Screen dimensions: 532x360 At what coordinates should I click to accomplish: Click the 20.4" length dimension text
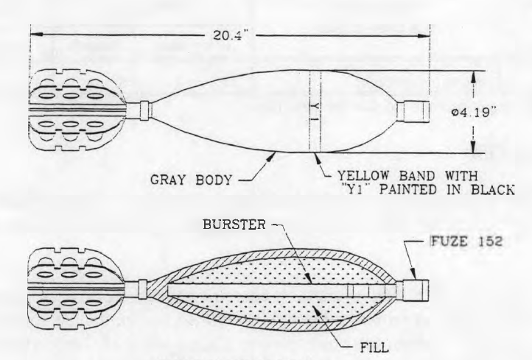click(x=228, y=35)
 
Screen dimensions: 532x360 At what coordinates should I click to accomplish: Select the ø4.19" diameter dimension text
click(x=475, y=112)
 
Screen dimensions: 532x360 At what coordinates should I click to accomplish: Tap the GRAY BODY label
click(x=192, y=180)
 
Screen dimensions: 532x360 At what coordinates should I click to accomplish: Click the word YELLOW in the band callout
click(x=363, y=176)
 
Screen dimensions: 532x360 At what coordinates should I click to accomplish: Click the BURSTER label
click(x=234, y=225)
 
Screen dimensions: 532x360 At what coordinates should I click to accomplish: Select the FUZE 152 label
click(x=466, y=241)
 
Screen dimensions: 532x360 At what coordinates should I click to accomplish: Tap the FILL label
click(x=374, y=347)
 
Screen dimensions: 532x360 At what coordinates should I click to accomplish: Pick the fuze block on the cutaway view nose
click(x=412, y=291)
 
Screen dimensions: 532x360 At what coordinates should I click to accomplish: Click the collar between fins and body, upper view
click(x=144, y=110)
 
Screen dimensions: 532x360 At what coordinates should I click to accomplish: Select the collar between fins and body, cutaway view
click(x=143, y=289)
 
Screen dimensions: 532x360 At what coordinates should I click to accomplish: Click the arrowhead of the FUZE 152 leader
click(x=413, y=275)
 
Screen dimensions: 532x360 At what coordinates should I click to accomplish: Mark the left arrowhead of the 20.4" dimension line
click(x=36, y=35)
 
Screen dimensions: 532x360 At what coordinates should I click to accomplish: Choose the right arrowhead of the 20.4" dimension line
click(x=424, y=35)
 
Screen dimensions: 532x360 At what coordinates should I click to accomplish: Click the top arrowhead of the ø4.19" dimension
click(x=474, y=77)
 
